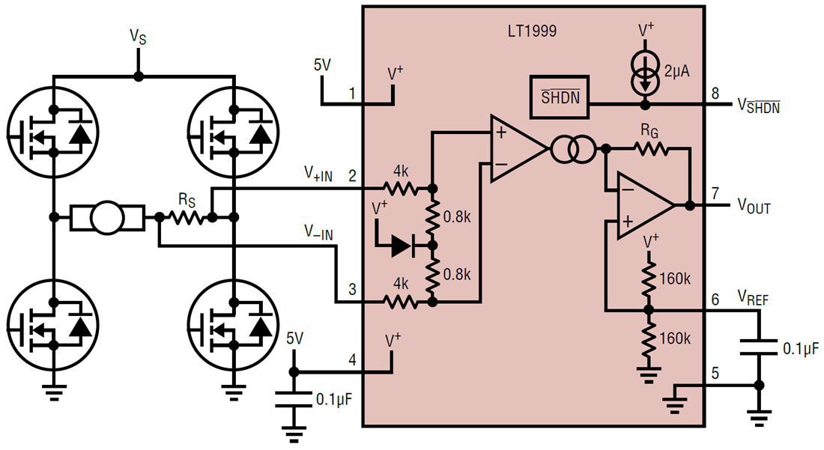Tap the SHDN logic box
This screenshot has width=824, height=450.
[560, 97]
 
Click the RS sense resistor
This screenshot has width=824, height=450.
[185, 217]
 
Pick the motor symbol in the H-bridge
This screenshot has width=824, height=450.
[106, 218]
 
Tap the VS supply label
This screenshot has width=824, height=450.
[137, 36]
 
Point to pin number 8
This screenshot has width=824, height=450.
[714, 94]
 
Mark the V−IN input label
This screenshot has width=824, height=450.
[319, 233]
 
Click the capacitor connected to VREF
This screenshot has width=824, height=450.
[758, 347]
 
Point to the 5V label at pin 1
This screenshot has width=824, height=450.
[321, 65]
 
